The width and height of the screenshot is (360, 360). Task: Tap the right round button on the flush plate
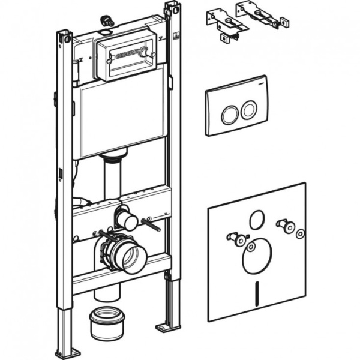[x=247, y=110]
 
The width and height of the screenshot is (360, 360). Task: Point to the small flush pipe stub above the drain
[x=127, y=220]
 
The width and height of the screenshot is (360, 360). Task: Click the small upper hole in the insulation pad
[x=256, y=219]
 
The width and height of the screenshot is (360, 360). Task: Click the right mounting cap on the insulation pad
[x=290, y=227]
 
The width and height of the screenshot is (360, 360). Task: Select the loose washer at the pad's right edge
[x=300, y=233]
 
